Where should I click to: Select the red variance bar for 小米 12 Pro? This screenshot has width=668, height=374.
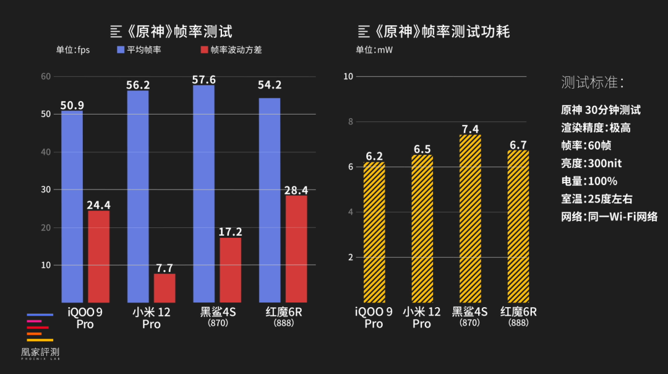coord(165,288)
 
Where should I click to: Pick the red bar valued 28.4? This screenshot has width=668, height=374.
coord(296,248)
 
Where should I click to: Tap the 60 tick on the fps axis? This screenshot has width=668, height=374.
coord(45,77)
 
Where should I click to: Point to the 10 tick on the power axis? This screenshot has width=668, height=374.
coord(348,77)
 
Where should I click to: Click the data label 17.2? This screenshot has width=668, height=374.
coord(230,232)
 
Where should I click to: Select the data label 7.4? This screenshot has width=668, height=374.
coord(470,129)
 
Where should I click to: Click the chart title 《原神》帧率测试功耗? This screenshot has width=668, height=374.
coord(434,32)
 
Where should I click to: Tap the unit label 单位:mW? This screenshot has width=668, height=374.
coord(374,50)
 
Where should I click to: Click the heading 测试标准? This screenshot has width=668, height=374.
coord(592,82)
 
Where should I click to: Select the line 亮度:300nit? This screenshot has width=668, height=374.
coord(591,163)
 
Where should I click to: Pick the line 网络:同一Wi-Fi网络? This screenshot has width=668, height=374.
coord(609,217)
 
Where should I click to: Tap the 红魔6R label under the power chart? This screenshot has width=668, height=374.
coord(518,311)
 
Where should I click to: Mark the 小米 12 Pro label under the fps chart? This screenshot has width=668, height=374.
coord(151,318)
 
